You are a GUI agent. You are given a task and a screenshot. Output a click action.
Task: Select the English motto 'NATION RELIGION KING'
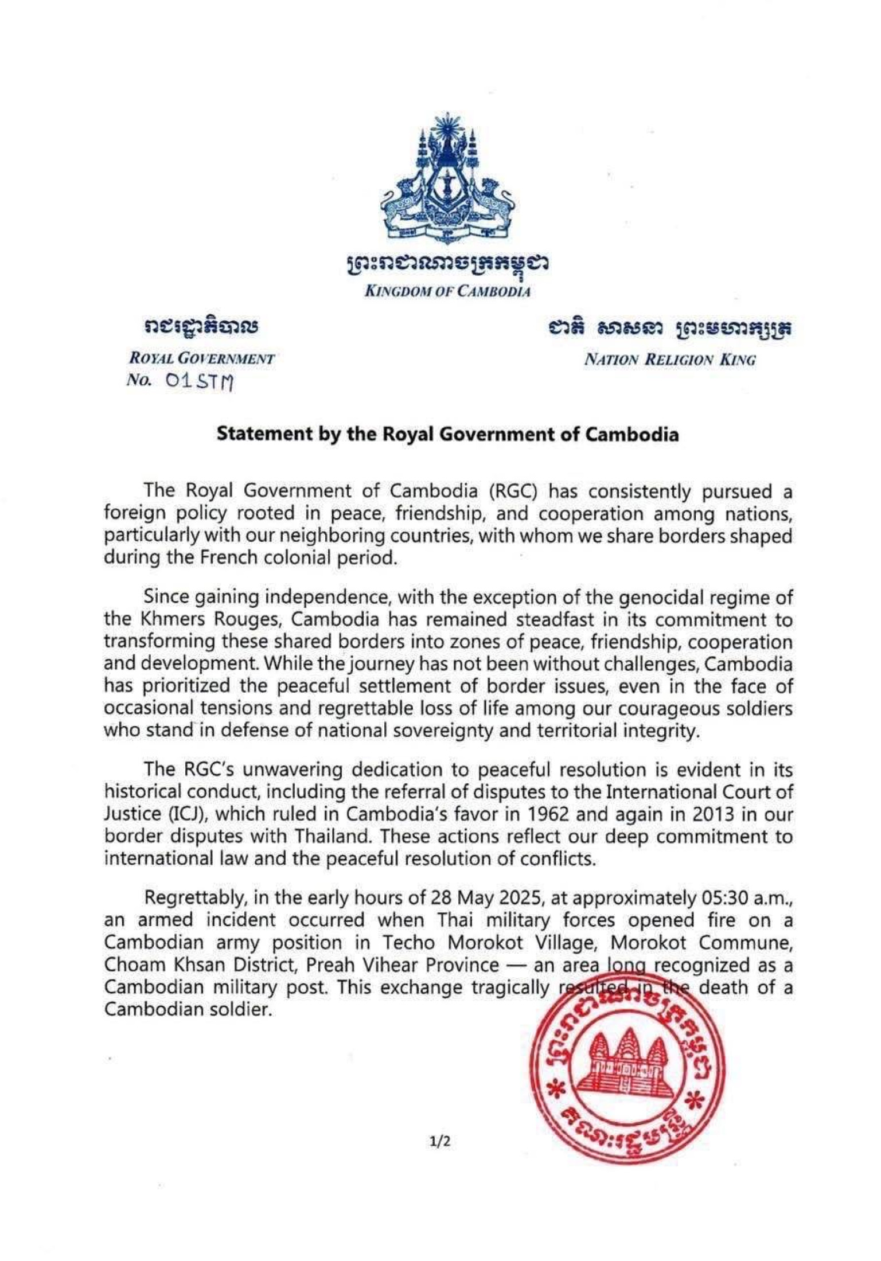coord(669,360)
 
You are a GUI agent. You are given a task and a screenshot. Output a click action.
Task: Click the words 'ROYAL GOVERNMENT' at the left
coord(202,359)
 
